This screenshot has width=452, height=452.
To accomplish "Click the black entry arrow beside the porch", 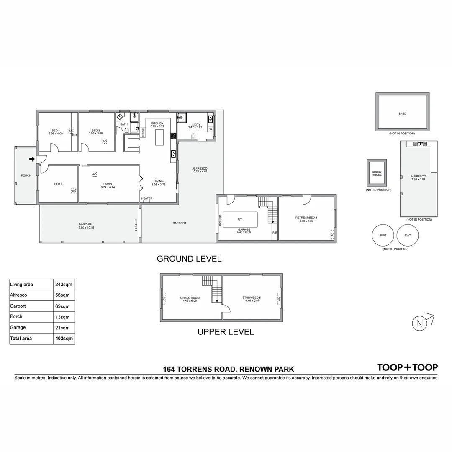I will pos(32,159).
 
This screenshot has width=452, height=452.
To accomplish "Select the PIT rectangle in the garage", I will pos(240,220).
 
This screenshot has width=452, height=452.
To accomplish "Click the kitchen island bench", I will pos(159,137).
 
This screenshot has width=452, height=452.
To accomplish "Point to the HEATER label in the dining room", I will pos(146,198).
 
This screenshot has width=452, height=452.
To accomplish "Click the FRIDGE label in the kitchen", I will pos(143,132).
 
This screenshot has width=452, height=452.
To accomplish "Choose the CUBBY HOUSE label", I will pos(377,173).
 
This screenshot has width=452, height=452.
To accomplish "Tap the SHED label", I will pos(402,113).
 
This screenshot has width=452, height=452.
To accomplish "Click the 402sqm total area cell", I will pos(64,338).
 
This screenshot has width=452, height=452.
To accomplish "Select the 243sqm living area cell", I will pos(64,285).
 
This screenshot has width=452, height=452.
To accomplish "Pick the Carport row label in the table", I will pos(18,306).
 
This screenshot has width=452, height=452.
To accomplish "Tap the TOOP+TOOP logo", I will pos(407,367).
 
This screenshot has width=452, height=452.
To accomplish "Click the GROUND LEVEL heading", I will pos(189,259).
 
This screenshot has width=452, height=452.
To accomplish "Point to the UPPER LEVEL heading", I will pos(226,332).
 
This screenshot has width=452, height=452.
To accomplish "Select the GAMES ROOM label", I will pos(190,298).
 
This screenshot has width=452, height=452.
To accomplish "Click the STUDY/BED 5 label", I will pos(251,298).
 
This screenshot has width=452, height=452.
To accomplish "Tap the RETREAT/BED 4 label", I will pos(306,218).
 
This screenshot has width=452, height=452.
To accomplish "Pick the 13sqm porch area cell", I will pos(63,317).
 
